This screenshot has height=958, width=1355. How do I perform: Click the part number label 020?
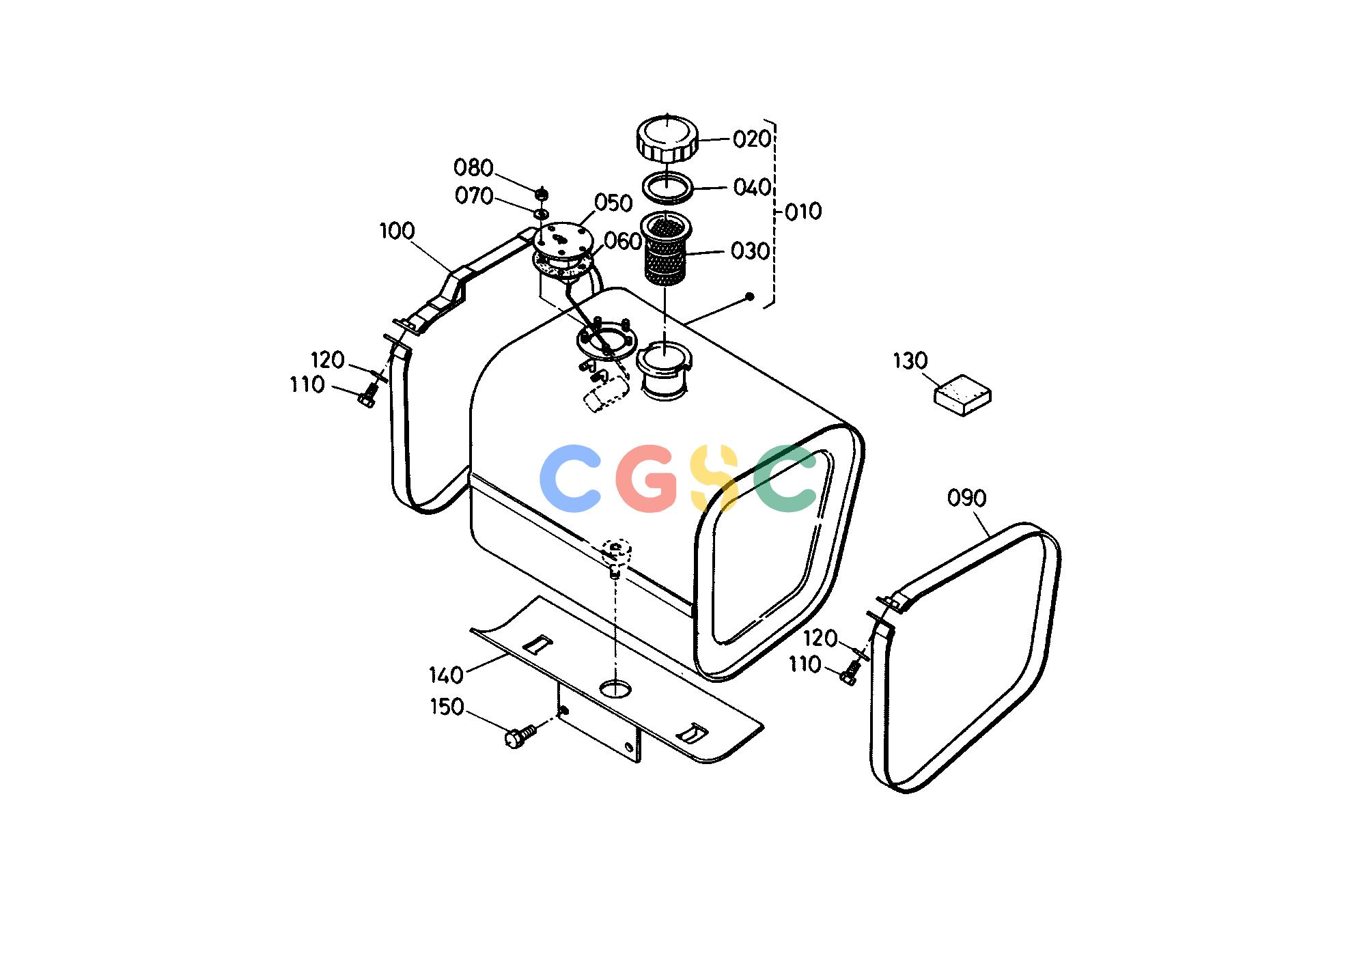tap(752, 139)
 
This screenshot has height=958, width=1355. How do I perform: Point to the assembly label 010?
tap(803, 212)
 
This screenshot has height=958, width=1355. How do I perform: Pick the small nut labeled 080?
tap(542, 193)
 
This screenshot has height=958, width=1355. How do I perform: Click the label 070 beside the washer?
tap(474, 197)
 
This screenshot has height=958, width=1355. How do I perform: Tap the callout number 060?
tap(623, 241)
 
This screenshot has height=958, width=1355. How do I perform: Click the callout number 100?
tap(397, 231)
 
